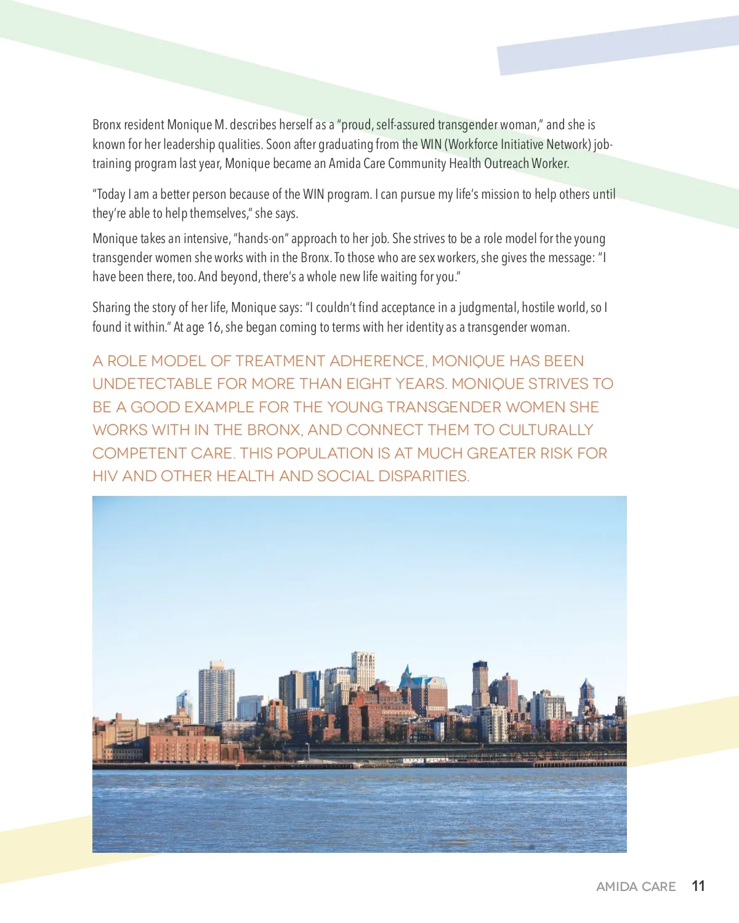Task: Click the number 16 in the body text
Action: [214, 327]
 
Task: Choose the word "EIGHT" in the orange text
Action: [369, 384]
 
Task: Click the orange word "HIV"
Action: [105, 476]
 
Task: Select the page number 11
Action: [698, 886]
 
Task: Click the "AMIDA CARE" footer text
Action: [636, 887]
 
